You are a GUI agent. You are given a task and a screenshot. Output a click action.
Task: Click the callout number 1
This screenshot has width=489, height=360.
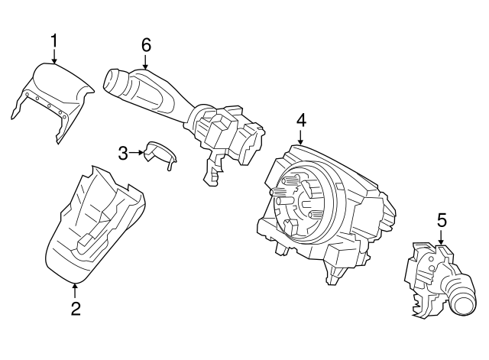pos(54,39)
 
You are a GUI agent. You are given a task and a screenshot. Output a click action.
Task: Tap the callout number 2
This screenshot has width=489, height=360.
pos(75,308)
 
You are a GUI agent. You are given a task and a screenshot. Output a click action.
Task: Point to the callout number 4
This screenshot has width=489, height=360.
pos(301,120)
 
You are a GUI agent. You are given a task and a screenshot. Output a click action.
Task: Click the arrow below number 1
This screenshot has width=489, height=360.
pos(54,56)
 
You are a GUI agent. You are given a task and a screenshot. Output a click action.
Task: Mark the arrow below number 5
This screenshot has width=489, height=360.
pos(441,238)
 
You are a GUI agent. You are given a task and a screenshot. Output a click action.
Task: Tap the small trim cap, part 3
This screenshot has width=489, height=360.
pos(160,154)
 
